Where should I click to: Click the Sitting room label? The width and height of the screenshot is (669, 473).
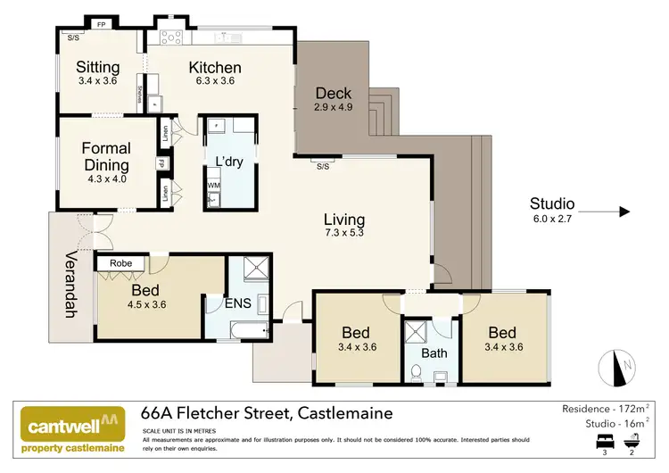pos(97,67)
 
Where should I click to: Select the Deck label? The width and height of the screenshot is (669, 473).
pos(334,93)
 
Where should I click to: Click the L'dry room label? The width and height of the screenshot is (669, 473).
pos(230,162)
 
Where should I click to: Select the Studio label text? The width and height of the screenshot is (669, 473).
pos(551,203)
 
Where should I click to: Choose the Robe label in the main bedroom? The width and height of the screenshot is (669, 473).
pos(121,264)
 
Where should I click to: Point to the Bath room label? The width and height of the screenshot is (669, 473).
pos(434,353)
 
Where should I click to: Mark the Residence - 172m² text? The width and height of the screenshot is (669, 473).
pos(606,408)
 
